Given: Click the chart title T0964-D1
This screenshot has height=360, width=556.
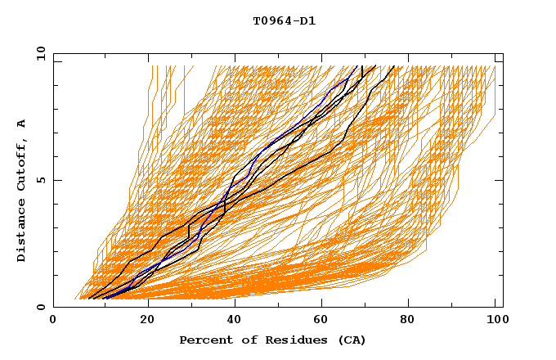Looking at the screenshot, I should (x=284, y=21).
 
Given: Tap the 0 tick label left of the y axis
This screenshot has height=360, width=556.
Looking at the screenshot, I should (x=41, y=307).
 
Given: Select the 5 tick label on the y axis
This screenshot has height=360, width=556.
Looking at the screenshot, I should (x=41, y=180).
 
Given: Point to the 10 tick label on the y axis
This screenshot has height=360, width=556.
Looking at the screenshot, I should (x=38, y=53).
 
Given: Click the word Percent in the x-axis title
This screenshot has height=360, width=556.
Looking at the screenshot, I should (x=203, y=340).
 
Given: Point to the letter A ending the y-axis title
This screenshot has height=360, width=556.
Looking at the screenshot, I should (x=21, y=124).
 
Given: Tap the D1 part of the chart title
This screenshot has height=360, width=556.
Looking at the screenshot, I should (x=308, y=21).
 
